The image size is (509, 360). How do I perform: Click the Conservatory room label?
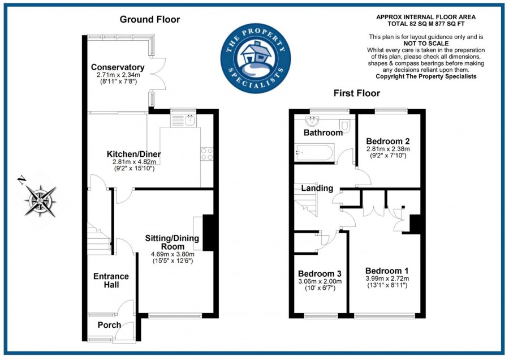click(x=118, y=67)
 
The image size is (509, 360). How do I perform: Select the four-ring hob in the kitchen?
click(x=207, y=154)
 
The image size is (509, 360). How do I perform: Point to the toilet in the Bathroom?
click(x=344, y=126)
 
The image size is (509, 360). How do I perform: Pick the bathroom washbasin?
click(x=312, y=122)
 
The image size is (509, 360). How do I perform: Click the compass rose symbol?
click(x=40, y=201)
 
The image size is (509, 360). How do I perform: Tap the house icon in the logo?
click(x=256, y=53)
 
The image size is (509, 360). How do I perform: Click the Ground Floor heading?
click(x=150, y=19)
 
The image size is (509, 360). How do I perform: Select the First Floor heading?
click(x=357, y=93)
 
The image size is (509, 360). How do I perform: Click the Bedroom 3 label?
click(x=320, y=273)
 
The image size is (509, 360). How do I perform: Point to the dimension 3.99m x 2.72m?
click(x=387, y=278)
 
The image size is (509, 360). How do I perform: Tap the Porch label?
click(x=109, y=325)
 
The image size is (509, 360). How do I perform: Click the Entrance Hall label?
click(x=111, y=280)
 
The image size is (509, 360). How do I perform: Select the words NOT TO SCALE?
click(x=426, y=44)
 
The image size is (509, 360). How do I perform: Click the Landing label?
click(x=317, y=188)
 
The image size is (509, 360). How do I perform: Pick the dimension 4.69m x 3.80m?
click(x=172, y=254)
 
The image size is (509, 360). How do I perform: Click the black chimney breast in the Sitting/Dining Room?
click(x=208, y=232)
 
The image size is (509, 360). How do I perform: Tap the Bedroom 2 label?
click(x=388, y=142)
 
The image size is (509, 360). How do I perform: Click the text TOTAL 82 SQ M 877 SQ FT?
click(x=426, y=24)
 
